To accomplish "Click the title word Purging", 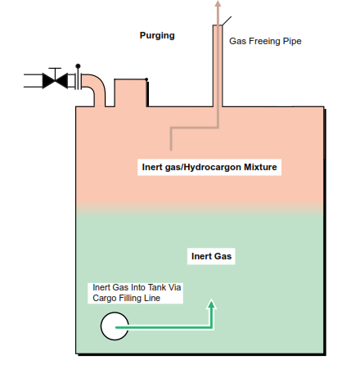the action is (157, 36).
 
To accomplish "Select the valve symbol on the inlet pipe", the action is (55, 81).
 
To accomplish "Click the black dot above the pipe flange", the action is (78, 66).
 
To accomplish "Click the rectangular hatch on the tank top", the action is (131, 92).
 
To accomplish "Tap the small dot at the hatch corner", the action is (146, 79).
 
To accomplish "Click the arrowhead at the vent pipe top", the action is (218, 3).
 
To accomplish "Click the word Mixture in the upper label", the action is (260, 167).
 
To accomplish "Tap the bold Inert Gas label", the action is (211, 256).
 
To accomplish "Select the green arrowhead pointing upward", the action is (211, 304).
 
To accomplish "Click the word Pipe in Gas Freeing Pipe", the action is (292, 41).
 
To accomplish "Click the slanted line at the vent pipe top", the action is (227, 21).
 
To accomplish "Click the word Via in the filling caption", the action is (174, 287).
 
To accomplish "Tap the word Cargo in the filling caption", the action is (102, 298).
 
